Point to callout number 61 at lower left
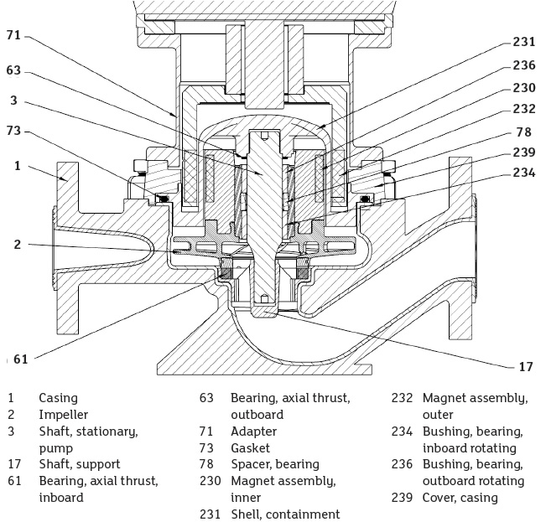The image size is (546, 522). click(21, 359)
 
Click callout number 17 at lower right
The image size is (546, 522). click(525, 366)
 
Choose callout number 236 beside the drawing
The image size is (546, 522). click(524, 65)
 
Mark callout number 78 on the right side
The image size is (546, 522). click(524, 132)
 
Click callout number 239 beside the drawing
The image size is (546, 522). click(524, 152)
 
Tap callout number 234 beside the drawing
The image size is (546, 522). click(524, 173)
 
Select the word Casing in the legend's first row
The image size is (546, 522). click(58, 398)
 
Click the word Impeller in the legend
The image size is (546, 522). click(63, 415)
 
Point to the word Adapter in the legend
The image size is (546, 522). click(253, 432)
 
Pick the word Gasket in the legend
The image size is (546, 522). click(250, 448)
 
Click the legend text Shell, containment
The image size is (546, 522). click(285, 514)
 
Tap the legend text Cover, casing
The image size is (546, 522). click(460, 498)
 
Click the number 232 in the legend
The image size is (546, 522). click(403, 398)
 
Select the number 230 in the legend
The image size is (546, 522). click(211, 481)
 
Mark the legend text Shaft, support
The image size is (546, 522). click(79, 464)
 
